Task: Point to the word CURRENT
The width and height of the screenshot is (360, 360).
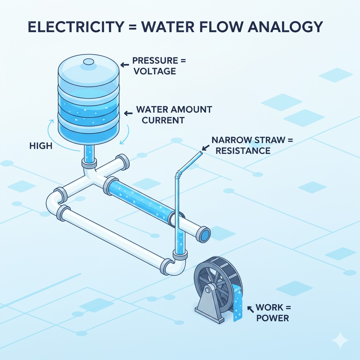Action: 160,120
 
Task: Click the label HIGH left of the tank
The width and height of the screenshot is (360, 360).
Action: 41,145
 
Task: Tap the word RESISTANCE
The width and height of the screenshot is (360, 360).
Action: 243,151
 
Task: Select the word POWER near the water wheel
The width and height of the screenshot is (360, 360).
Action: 272,319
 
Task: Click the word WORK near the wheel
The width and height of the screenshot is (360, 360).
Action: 270,308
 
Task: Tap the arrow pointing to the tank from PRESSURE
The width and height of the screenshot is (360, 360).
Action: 124,65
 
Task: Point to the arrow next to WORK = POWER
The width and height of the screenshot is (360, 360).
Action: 251,309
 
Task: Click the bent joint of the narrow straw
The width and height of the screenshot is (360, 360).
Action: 179,172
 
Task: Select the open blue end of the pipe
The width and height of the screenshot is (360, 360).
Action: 205,234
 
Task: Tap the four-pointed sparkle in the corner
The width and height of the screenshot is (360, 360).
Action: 340,340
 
